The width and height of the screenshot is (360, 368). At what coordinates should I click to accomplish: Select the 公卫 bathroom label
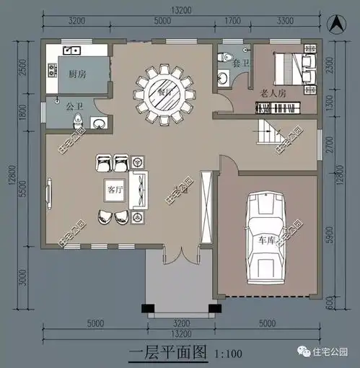(x=75, y=107)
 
